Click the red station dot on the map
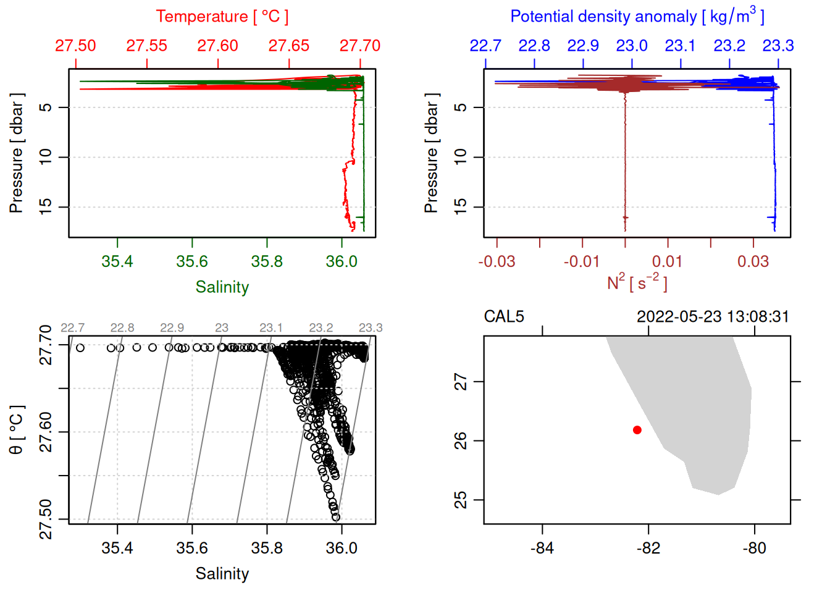[637, 430]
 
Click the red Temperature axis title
[222, 17]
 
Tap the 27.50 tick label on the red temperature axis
[75, 46]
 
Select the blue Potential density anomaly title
[637, 16]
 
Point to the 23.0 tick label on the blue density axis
[631, 46]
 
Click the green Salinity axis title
[222, 287]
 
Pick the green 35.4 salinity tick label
[117, 261]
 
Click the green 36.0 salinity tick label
[342, 261]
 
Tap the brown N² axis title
[637, 283]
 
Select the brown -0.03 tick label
[497, 261]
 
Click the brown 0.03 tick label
[753, 261]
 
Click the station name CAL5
[504, 317]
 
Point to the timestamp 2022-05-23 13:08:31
[713, 317]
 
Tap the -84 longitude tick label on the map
[542, 548]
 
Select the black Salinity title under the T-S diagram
[222, 574]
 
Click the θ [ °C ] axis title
[17, 430]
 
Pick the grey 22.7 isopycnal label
[72, 327]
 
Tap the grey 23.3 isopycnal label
[371, 327]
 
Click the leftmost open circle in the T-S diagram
[80, 348]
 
